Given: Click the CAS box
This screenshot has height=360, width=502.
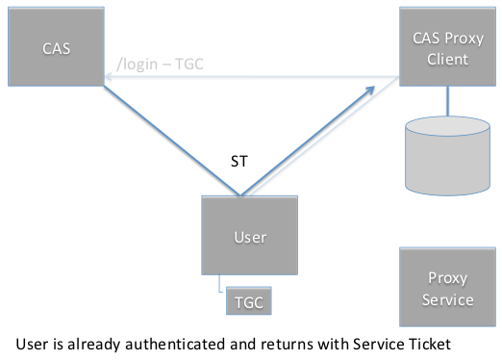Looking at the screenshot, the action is pos(56,46).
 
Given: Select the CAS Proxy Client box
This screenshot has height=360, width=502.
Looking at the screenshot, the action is pos(447,46).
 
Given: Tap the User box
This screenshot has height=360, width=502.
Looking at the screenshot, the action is pos(249,235).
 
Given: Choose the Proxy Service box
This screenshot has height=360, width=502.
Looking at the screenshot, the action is pos(447,287).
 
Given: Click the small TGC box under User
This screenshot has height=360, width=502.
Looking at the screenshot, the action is pos(249,300).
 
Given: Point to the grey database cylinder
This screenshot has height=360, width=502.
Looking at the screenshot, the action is pos(447,156).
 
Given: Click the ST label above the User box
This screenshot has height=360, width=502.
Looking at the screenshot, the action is pos(239,161).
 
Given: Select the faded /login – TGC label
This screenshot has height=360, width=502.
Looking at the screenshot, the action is pos(160,64).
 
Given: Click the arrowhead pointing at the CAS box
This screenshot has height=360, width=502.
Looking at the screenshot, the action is pos(108,77).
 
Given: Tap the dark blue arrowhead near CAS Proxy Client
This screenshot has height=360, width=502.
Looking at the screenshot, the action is pos(371,90).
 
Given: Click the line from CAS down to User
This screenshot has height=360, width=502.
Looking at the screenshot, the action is pos(172,141).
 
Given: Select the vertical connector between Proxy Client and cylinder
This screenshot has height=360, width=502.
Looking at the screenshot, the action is pos(447,101).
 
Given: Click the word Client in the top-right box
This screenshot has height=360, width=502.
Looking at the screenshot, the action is pos(447,60).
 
